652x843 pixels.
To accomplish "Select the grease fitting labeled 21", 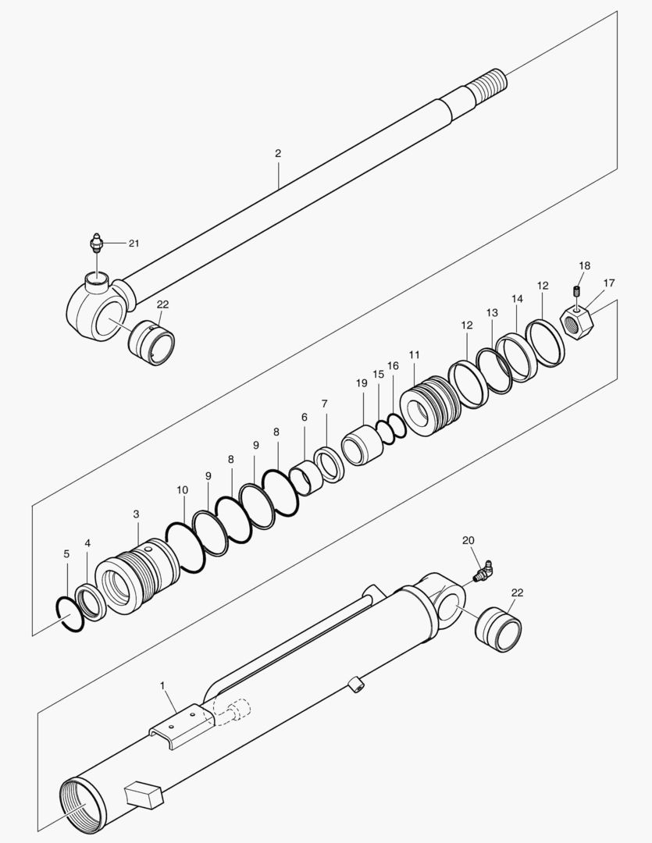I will pos(95,243).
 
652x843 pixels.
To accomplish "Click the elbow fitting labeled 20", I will pos(483,574).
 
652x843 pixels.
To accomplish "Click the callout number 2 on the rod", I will pos(278,154).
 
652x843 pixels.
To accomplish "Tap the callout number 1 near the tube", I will pos(162,685).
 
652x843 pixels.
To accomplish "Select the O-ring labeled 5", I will pos(68,614).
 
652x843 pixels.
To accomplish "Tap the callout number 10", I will pos(183,490).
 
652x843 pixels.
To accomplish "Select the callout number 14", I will pos(517,299).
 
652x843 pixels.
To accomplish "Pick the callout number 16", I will pos(393,365).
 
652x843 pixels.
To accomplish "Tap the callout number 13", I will pos(491,313).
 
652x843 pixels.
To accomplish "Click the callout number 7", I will pos(323,403).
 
